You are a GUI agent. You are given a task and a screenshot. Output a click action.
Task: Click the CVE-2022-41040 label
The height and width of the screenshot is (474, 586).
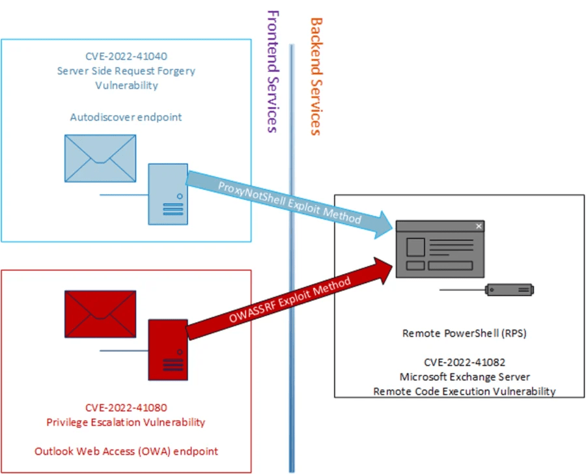pos(126,57)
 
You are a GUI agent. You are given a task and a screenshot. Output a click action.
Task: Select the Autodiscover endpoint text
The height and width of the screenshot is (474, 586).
pos(126,117)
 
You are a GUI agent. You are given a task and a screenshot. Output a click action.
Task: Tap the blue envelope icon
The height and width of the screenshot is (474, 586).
pos(100,158)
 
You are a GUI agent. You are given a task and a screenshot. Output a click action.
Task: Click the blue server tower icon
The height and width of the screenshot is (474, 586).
pos(168,193)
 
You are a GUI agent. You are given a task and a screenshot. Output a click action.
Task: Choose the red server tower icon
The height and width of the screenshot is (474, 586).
pos(168,348)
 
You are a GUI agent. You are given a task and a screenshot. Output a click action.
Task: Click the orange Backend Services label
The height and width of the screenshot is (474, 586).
pos(315,76)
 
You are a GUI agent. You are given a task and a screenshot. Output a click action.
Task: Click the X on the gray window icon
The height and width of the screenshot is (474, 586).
pos(479,227)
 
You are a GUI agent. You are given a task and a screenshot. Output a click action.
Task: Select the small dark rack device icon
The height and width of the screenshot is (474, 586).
pos(510,289)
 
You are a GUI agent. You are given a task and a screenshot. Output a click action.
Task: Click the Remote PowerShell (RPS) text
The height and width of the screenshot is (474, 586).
pos(464,333)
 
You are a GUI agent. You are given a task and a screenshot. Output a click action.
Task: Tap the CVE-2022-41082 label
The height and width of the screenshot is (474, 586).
pos(464,363)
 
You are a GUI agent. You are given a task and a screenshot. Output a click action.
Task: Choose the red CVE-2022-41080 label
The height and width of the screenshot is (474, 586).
pos(126,408)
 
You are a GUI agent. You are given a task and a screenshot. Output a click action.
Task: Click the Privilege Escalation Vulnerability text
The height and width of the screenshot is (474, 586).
pos(126,422)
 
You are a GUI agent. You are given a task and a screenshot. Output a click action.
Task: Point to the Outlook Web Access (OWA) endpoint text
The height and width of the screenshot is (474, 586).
pos(126,451)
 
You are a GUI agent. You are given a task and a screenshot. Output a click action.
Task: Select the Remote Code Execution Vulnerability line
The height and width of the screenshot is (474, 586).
pos(464,391)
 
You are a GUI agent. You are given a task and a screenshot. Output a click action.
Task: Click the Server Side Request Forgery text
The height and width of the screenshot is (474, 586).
pos(126,71)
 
